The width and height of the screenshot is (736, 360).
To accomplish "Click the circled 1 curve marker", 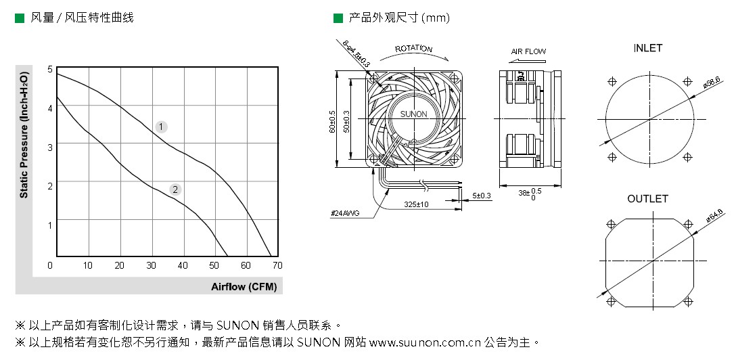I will [x=161, y=127].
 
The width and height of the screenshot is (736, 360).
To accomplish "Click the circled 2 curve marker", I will [x=175, y=189].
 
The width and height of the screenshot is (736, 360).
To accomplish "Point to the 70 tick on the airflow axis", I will [x=277, y=265].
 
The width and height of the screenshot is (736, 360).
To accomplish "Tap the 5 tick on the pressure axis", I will [x=49, y=69].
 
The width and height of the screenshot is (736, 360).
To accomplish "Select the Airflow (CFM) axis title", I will [x=244, y=287].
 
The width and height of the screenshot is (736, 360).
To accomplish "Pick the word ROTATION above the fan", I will [x=413, y=49].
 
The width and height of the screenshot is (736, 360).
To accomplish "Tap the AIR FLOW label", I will [x=528, y=51].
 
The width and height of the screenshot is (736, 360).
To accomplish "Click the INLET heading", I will [x=647, y=48].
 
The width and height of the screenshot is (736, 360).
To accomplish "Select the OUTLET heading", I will [x=647, y=199].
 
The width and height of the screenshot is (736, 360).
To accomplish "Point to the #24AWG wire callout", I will [x=344, y=213].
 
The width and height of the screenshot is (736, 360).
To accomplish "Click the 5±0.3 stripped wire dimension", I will [x=482, y=196].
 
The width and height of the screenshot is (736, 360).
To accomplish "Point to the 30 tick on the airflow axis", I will [x=151, y=265].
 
